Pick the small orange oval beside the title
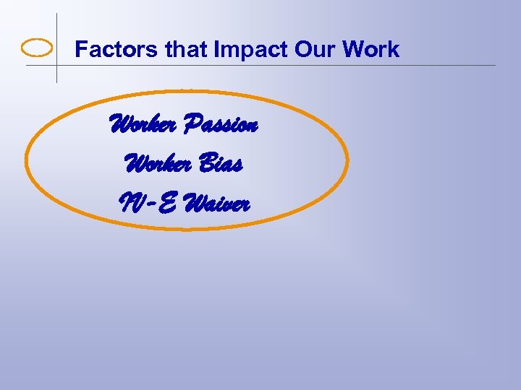(x=38, y=48)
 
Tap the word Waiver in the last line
(x=216, y=204)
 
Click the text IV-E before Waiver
(x=148, y=204)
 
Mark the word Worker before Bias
(x=156, y=165)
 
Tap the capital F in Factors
(x=81, y=49)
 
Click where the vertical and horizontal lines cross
(x=57, y=66)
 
